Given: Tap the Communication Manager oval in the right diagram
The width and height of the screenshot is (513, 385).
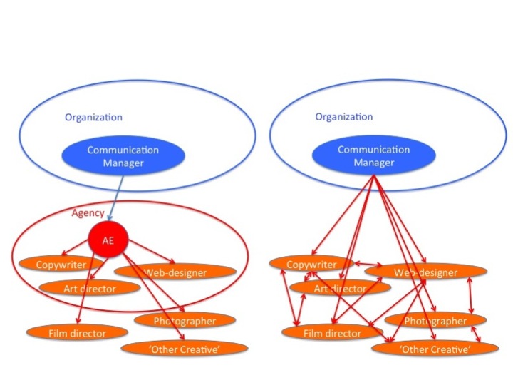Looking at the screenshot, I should coord(373,156).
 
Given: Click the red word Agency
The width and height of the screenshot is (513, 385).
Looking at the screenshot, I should coord(88,213).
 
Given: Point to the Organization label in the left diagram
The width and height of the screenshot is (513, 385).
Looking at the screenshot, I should coord(93,117).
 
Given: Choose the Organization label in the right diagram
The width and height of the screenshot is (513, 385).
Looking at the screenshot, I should coord(343,117).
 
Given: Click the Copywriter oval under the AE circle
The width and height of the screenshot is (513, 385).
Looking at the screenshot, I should coord(61,265).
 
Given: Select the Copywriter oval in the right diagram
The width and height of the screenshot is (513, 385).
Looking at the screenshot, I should coord(311,265).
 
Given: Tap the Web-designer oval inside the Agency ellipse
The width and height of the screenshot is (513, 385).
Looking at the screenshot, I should coord(175,272).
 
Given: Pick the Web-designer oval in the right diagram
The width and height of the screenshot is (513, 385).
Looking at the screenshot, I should coord(426,272).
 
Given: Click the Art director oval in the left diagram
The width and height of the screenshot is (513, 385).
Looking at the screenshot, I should coord(88,288).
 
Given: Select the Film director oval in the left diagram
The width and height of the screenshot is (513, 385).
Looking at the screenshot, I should coord(77,332).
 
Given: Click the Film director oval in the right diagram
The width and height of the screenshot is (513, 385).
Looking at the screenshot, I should coord(332,332).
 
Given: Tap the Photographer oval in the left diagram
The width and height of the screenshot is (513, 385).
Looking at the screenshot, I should coord(185,321).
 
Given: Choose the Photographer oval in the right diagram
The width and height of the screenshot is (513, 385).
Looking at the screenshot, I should coord(435,321).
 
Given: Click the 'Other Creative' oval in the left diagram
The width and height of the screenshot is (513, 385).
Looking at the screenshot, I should coord(185,348).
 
